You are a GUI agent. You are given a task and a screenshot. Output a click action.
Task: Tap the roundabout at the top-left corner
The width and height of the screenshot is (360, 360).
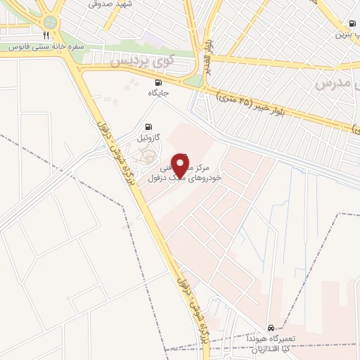[49, 20]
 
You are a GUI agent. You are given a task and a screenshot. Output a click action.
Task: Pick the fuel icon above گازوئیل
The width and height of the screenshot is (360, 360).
[147, 127]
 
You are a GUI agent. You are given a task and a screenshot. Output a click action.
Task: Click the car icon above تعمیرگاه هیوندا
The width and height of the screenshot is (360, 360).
[271, 328]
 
